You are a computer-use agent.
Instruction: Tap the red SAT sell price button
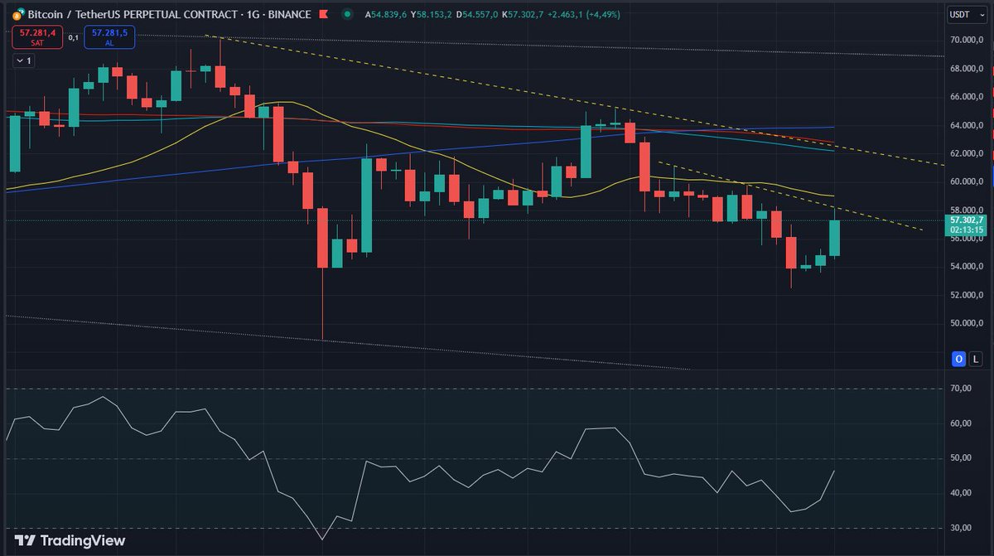[x=36, y=36]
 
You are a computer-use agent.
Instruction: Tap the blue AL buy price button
[x=109, y=36]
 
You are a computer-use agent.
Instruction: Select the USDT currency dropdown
[x=960, y=14]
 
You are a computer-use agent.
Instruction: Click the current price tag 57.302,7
[x=967, y=220]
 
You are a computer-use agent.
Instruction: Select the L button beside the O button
[x=977, y=359]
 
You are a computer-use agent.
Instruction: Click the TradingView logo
[x=70, y=540]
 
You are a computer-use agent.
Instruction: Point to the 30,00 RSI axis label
[x=961, y=528]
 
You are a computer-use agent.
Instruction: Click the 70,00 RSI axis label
[x=961, y=389]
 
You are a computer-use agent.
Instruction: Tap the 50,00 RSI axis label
[x=961, y=458]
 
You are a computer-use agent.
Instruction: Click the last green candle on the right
[x=835, y=238]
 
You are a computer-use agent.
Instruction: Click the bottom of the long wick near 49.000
[x=322, y=338]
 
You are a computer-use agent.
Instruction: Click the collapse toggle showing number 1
[x=23, y=60]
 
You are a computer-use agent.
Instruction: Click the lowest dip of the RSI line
[x=322, y=539]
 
